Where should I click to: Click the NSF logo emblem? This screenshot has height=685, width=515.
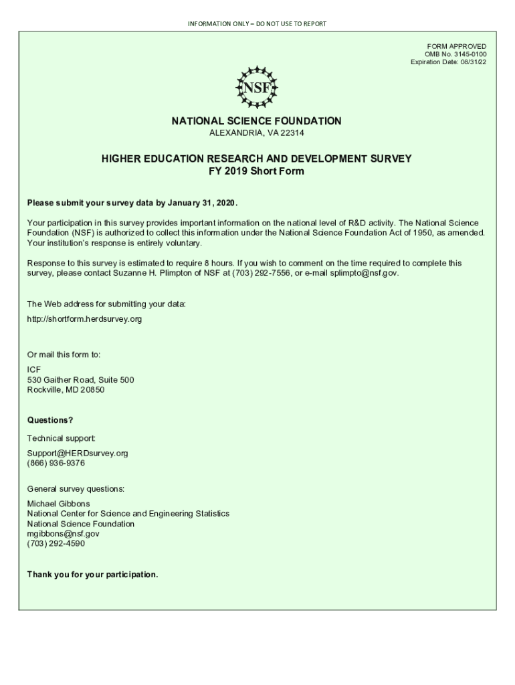click(x=257, y=87)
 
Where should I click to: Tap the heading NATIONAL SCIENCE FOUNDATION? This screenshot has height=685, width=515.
click(x=257, y=121)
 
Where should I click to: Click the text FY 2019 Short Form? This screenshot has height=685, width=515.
click(x=257, y=171)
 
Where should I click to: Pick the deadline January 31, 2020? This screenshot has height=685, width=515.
click(x=197, y=203)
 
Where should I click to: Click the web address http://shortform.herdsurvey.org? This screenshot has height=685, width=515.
click(x=84, y=319)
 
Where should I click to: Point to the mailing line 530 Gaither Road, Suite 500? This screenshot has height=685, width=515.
click(x=80, y=380)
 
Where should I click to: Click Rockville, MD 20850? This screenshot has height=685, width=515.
click(x=66, y=390)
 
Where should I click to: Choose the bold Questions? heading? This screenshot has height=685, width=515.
click(x=49, y=420)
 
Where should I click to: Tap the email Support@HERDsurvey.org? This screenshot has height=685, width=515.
click(x=77, y=453)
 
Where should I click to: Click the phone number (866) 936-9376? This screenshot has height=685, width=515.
click(x=56, y=463)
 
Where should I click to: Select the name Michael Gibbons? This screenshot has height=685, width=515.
click(x=58, y=504)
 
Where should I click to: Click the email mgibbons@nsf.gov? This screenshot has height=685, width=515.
click(x=63, y=534)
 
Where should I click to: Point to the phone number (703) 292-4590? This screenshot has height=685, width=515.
click(x=56, y=544)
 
